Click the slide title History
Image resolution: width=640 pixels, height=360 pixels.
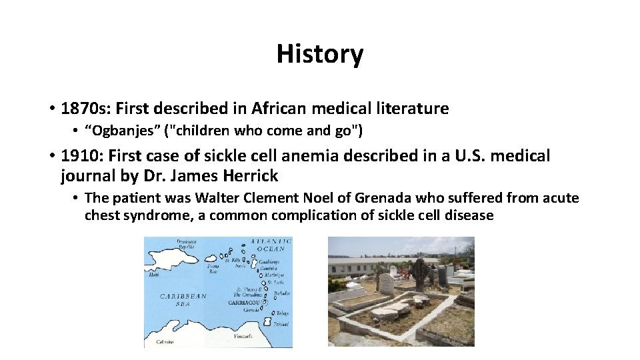tap(320, 54)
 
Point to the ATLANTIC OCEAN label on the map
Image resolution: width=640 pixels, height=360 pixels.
tap(267, 245)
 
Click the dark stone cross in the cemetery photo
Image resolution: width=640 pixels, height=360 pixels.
tap(421, 274)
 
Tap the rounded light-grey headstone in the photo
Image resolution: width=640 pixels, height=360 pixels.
tap(386, 283)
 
